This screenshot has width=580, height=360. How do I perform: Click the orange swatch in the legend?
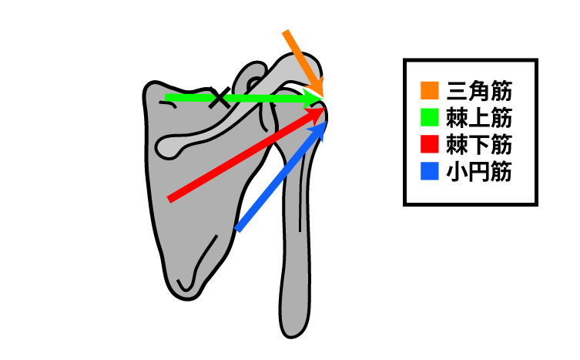[x=430, y=91]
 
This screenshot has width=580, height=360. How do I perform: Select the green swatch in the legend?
[x=430, y=117]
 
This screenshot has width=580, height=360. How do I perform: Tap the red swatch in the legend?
[x=430, y=144]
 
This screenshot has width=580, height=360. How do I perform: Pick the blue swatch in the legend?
[x=430, y=171]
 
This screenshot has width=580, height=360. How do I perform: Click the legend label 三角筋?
[x=479, y=91]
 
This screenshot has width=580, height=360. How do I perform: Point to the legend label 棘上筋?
[x=479, y=118]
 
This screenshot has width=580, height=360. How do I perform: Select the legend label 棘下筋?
[x=479, y=144]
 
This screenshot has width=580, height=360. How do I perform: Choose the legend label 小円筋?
[x=479, y=172]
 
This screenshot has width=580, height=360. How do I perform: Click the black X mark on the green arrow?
[x=220, y=97]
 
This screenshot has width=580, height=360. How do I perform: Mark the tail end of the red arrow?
[x=169, y=199]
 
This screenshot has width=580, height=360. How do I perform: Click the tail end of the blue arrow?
[x=238, y=229]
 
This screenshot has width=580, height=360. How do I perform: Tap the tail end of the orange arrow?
[x=286, y=32]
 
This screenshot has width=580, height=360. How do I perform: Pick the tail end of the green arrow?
[x=166, y=98]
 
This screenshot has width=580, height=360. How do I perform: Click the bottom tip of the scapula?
[x=187, y=299]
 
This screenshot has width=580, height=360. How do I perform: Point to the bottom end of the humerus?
[x=291, y=337]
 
